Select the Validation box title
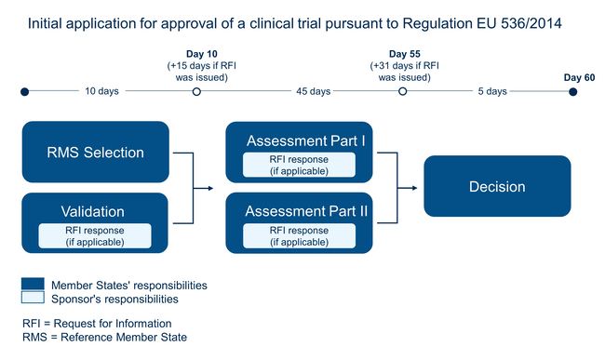click(x=93, y=211)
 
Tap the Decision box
click(x=496, y=187)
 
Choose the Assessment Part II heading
click(x=306, y=211)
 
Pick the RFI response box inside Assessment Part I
click(x=299, y=165)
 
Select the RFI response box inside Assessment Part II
click(x=299, y=235)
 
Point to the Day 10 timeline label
click(x=195, y=54)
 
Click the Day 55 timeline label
click(x=403, y=54)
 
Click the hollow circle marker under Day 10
click(x=195, y=91)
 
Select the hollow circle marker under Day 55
click(x=403, y=91)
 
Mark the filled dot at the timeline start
click(x=25, y=91)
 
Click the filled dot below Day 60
click(x=572, y=91)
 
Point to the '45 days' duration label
click(x=313, y=91)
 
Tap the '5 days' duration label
click(x=491, y=91)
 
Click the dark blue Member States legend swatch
click(x=34, y=283)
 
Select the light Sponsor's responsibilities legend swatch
click(x=34, y=298)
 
